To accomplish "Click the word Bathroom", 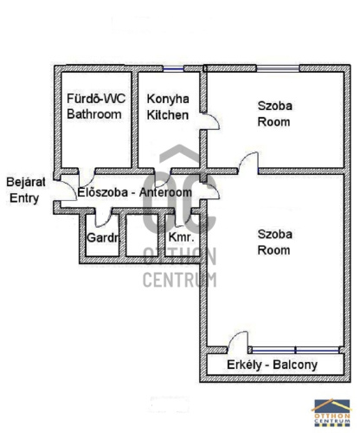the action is [x=94, y=114].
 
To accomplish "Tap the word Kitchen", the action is [x=168, y=115].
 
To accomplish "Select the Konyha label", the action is [x=168, y=99].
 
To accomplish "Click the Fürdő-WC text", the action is [x=96, y=99].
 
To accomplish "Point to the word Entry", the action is [x=24, y=198].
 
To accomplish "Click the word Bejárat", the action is [x=26, y=182].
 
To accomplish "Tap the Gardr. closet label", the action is [x=103, y=237].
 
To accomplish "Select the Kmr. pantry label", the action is [x=182, y=237].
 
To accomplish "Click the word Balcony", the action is [x=295, y=365].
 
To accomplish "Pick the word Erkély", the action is [x=244, y=365].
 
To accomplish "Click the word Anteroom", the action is [x=165, y=192].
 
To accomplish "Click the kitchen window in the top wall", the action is [x=173, y=68].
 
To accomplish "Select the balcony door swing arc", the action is [x=235, y=335].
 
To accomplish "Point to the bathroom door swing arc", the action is [x=90, y=181].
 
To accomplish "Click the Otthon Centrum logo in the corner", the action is [x=331, y=413].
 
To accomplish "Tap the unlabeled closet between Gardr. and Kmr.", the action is [x=142, y=235].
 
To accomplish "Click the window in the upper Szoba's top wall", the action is [x=278, y=68].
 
